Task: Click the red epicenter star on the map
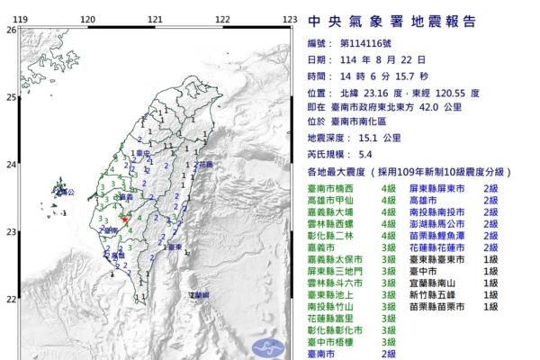click(x=125, y=219)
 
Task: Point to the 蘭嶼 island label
click(x=199, y=295)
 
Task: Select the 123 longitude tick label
click(x=290, y=19)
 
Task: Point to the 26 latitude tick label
click(x=11, y=30)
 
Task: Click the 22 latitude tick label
click(x=11, y=299)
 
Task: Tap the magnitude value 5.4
click(x=365, y=155)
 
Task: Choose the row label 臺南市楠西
click(x=331, y=188)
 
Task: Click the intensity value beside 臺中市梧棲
click(x=389, y=341)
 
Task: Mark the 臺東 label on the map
click(x=175, y=246)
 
